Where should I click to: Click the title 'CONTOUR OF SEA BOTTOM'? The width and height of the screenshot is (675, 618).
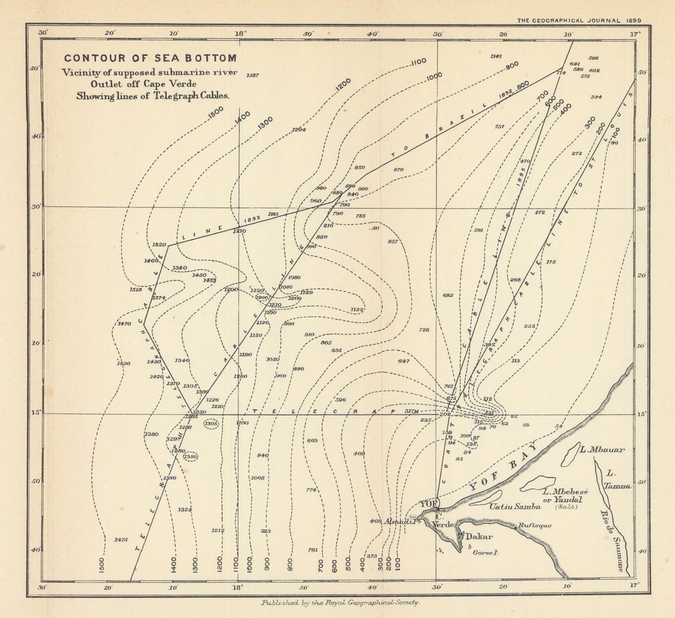pos(150,58)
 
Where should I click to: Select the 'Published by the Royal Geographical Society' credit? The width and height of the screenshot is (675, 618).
pos(340,603)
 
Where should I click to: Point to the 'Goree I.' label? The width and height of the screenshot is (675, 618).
pos(486,552)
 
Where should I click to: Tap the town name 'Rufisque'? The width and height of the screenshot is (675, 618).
pos(534,525)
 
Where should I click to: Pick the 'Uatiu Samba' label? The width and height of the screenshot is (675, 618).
pos(515,506)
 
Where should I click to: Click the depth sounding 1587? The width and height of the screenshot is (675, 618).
pos(252,75)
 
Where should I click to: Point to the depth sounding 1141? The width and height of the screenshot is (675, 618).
pos(496,56)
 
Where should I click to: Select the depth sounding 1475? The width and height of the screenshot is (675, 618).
pos(121,539)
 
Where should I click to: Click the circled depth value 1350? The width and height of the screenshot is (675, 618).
pos(190,457)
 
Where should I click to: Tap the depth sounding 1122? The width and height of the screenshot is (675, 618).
pos(357,310)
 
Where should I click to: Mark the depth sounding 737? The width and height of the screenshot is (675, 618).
pos(499,126)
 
